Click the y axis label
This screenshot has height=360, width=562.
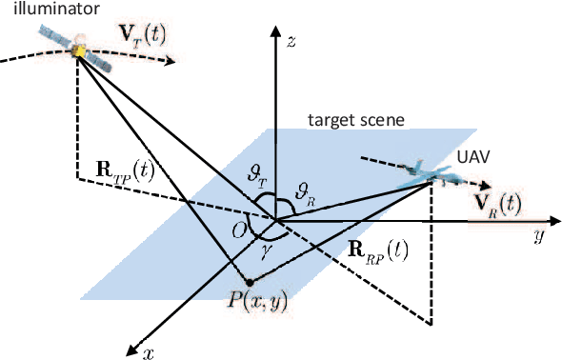click(x=538, y=234)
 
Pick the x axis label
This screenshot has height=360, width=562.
click(x=149, y=352)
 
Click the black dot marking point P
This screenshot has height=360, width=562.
click(x=248, y=282)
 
